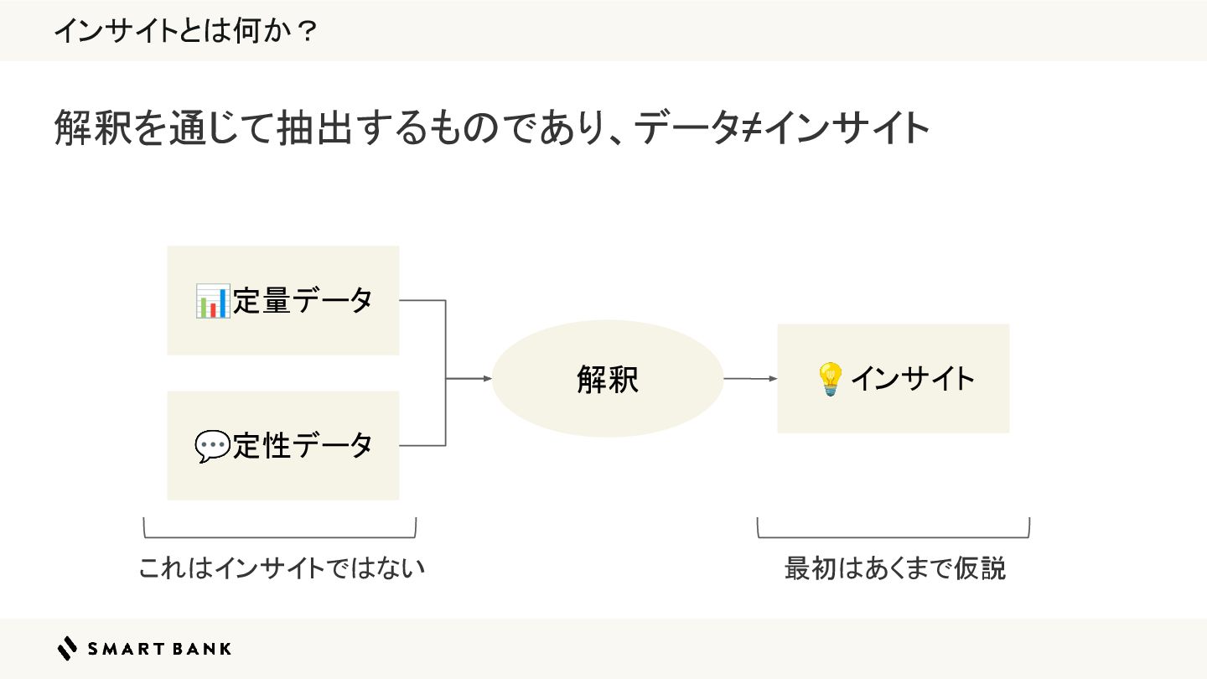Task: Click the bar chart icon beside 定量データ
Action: pyautogui.click(x=212, y=301)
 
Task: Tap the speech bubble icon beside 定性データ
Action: pyautogui.click(x=212, y=446)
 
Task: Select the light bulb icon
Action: pyautogui.click(x=829, y=379)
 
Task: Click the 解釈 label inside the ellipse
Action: pyautogui.click(x=608, y=380)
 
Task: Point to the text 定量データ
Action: pyautogui.click(x=303, y=300)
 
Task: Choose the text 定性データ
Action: pyautogui.click(x=303, y=446)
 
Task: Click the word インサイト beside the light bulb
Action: pyautogui.click(x=913, y=379)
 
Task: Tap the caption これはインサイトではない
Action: pyautogui.click(x=282, y=568)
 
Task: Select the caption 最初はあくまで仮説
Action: pyautogui.click(x=894, y=568)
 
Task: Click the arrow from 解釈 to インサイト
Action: pyautogui.click(x=750, y=379)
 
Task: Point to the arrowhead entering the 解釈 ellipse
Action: pyautogui.click(x=487, y=379)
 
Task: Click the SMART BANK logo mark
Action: pyautogui.click(x=66, y=648)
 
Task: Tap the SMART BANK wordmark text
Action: pyautogui.click(x=159, y=648)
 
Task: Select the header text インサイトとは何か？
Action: pyautogui.click(x=185, y=31)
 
